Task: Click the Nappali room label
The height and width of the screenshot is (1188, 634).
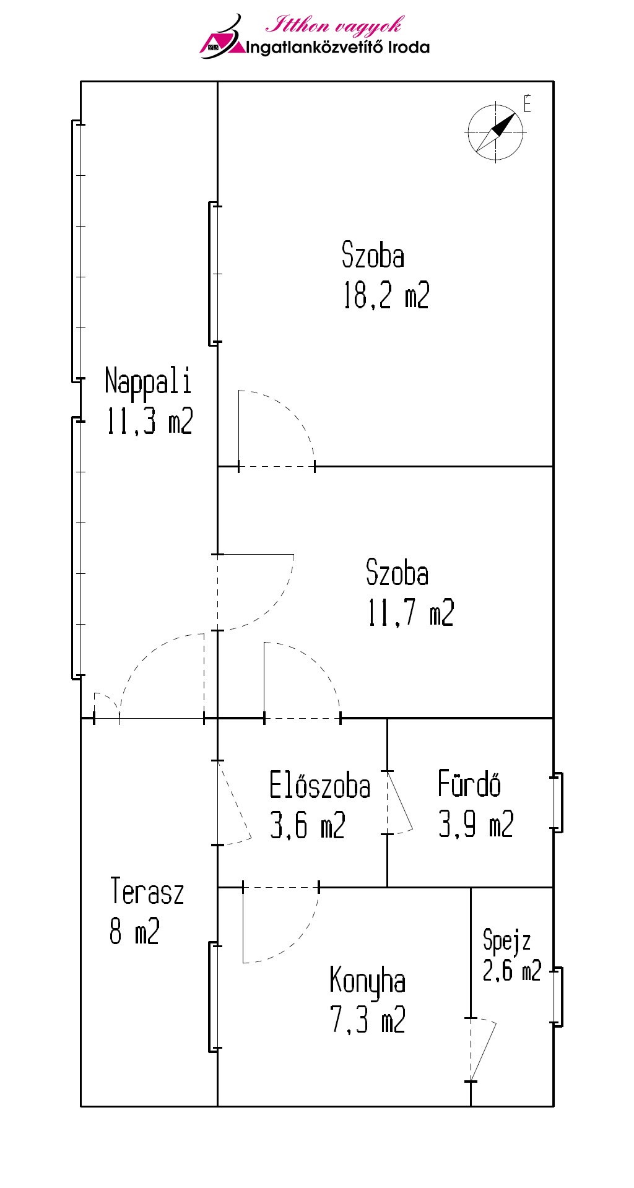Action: coord(148,381)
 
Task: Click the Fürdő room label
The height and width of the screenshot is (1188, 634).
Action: coord(469,783)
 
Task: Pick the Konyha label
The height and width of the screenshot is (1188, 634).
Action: coord(368,981)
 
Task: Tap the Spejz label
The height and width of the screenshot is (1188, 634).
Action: coord(507,940)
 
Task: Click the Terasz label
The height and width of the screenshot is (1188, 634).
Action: coord(147,891)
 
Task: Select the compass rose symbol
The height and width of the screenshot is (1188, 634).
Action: coord(495,132)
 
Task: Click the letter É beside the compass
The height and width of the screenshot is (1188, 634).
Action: coord(527,103)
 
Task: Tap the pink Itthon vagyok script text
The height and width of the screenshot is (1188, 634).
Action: coord(334,25)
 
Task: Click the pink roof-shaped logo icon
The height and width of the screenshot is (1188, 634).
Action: coord(223,38)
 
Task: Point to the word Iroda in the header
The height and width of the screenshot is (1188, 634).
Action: coord(409,47)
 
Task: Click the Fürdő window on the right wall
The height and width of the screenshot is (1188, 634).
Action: coord(558,802)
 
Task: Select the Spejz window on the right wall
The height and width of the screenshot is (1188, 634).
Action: coord(558,997)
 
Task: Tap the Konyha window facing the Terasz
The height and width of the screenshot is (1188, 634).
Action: coord(214,997)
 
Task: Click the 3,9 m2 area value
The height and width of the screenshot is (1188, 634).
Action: coord(476,824)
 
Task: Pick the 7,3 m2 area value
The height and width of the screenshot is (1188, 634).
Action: coord(368,1020)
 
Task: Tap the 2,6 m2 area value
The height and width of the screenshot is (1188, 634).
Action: coord(512,970)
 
